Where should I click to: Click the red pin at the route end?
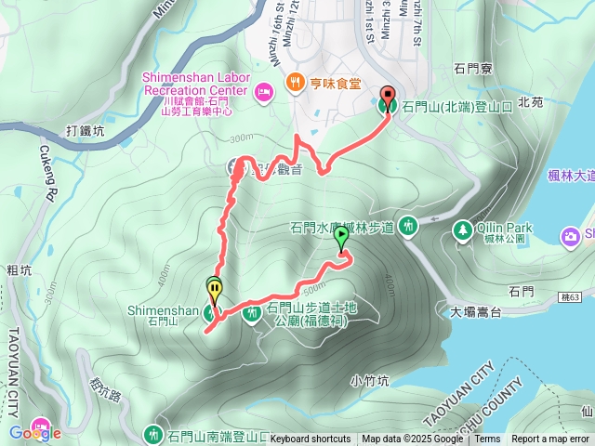(387, 94)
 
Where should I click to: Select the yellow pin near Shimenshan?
(215, 290)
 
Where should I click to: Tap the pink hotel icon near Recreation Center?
(263, 91)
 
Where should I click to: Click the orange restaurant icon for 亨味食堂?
(296, 82)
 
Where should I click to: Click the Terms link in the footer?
(486, 439)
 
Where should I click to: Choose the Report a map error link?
(550, 439)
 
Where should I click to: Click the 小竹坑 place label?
(369, 379)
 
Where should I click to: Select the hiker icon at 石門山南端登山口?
(152, 433)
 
